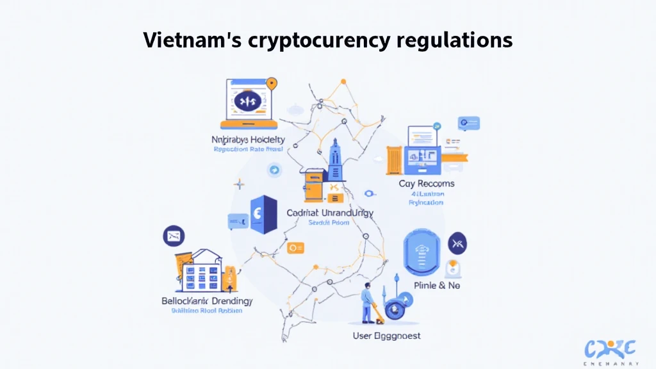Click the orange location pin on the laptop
click(x=272, y=84)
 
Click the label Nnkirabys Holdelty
click(x=248, y=139)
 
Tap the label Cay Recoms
click(x=426, y=183)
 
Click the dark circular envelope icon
click(x=174, y=236)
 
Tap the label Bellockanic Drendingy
click(x=207, y=300)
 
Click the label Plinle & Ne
click(x=436, y=285)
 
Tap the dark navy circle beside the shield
click(x=457, y=243)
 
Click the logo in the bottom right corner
click(x=610, y=351)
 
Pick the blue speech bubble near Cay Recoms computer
click(x=470, y=122)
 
